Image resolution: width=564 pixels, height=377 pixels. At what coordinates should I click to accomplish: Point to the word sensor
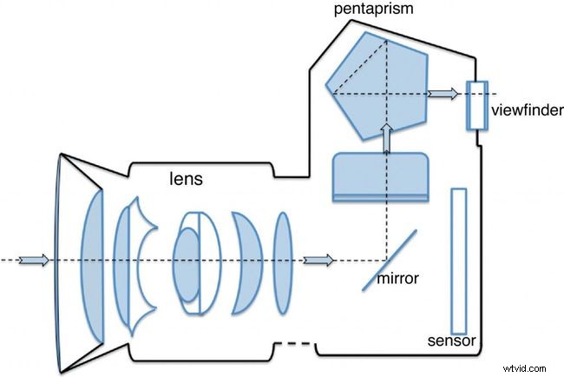click(452, 341)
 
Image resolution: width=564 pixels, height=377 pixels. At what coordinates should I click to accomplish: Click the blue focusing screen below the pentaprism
click(381, 177)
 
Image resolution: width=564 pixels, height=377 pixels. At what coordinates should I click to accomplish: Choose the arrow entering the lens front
click(33, 260)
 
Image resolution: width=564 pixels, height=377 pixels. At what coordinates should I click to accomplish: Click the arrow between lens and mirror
click(318, 260)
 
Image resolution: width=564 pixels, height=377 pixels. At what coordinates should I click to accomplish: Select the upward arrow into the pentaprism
click(386, 136)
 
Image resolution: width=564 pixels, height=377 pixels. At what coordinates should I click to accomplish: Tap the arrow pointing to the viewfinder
click(444, 93)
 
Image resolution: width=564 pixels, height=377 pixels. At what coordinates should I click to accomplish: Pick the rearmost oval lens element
click(282, 258)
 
